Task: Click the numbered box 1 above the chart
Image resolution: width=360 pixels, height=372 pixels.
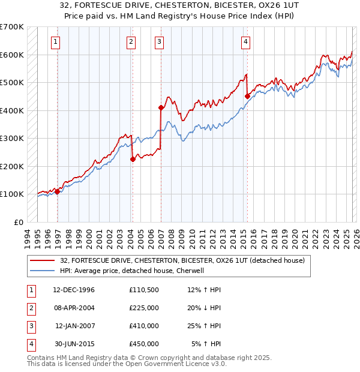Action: tap(55, 41)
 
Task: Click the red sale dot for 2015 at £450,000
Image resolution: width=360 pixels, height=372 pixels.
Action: tap(247, 96)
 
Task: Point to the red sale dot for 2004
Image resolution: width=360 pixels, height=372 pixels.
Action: tap(133, 159)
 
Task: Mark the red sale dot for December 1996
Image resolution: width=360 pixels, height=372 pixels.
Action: tap(58, 191)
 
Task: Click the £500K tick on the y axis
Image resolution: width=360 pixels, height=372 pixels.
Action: tap(12, 82)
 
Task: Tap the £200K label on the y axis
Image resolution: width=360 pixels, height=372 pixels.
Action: tap(12, 166)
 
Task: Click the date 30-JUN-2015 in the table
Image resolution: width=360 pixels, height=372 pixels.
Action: tap(74, 344)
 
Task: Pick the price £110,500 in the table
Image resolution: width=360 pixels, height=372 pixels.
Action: tap(143, 289)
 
